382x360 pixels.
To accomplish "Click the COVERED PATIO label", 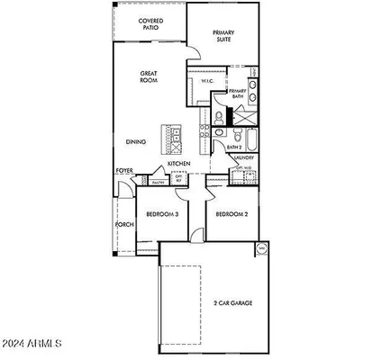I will (x=150, y=24).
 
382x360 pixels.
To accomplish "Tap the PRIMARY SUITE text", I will (x=223, y=36).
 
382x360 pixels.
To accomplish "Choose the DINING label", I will (x=136, y=141).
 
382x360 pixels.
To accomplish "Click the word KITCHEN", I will (x=179, y=163).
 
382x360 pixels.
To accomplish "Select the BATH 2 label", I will (x=233, y=147).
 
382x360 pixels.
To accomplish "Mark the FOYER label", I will (x=124, y=170).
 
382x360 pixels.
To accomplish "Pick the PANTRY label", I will (x=158, y=182).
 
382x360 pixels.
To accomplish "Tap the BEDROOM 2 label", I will (x=232, y=214).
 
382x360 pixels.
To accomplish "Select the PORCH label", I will (x=123, y=225).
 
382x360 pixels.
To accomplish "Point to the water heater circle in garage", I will (x=262, y=248).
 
